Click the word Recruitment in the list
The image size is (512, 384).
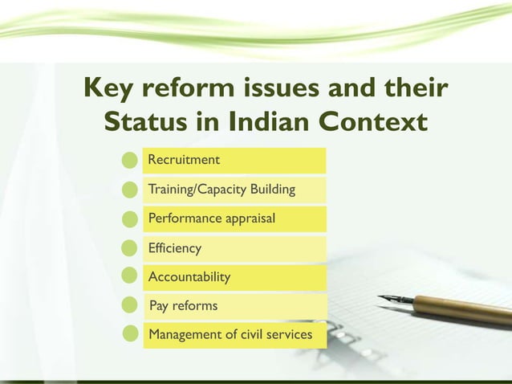click(x=184, y=160)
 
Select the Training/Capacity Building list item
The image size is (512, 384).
click(x=221, y=190)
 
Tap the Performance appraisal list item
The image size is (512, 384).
click(x=212, y=219)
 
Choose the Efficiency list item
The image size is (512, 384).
click(x=175, y=248)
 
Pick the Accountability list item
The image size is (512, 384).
click(x=189, y=277)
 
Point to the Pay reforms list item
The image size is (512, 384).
click(x=184, y=306)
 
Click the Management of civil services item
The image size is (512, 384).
click(x=230, y=334)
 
